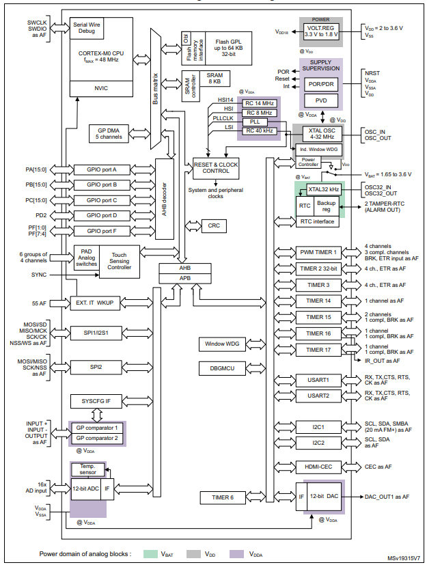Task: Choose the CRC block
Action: click(x=213, y=225)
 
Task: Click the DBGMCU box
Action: click(x=223, y=369)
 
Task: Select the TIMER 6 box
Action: click(x=223, y=497)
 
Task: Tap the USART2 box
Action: click(x=318, y=396)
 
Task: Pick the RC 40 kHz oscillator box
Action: click(x=259, y=130)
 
